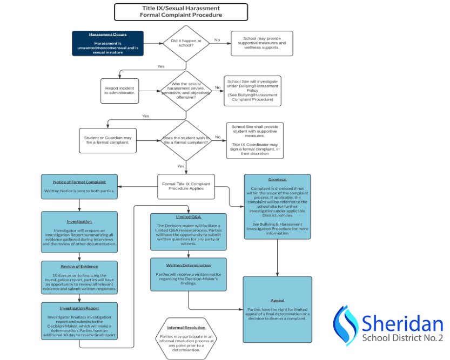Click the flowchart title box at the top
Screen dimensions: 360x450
181,12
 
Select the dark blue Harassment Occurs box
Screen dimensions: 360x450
108,43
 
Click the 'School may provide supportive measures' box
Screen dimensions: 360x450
261,43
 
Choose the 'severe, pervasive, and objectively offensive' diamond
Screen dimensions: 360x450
186,90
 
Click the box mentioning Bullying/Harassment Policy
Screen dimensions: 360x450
252,91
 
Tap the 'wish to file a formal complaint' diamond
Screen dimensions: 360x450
186,141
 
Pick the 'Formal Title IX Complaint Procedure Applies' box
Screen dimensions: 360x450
186,186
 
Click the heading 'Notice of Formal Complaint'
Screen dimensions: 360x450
79,182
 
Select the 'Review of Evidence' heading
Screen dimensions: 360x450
79,267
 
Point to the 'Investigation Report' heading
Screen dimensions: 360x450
79,308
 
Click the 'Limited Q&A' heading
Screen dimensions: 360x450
188,216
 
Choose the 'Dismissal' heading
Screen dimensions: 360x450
277,179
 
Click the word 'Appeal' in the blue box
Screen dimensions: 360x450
277,300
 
